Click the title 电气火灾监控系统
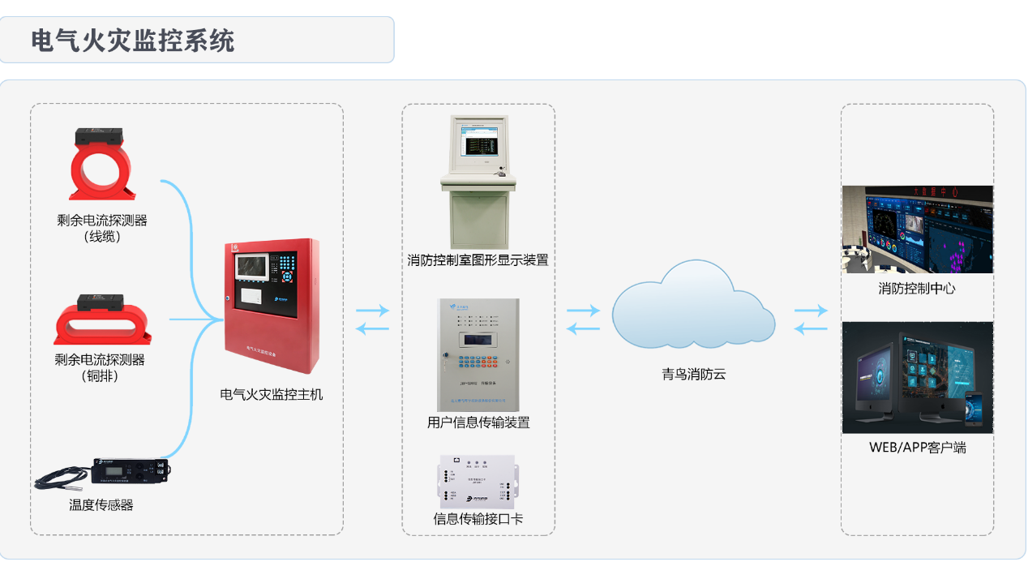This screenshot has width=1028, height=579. [x=133, y=41]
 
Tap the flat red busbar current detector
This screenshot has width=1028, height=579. [x=103, y=320]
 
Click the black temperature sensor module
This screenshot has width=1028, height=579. [x=130, y=471]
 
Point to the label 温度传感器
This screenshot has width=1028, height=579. [x=101, y=505]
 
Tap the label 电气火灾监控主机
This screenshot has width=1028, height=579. [x=272, y=395]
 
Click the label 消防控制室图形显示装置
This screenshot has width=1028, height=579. [x=478, y=260]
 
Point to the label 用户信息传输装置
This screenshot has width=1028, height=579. [x=478, y=422]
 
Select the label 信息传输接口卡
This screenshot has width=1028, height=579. [x=478, y=519]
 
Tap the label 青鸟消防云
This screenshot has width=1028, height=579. [x=693, y=374]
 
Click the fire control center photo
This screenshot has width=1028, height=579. [x=917, y=229]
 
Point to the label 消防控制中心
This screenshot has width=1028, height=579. [x=917, y=289]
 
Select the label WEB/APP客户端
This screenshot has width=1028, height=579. [x=917, y=448]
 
